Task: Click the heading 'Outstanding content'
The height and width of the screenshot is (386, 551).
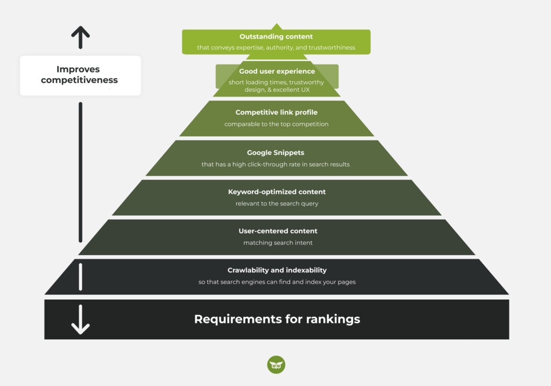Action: [x=276, y=37]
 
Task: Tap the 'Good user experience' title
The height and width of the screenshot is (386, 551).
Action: [x=277, y=71]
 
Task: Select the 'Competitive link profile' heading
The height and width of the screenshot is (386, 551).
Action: [x=277, y=113]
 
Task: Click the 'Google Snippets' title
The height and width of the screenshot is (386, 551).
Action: [x=275, y=152]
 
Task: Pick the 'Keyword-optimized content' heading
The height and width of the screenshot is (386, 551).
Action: [x=277, y=192]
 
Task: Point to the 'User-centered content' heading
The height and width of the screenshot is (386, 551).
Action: [x=278, y=231]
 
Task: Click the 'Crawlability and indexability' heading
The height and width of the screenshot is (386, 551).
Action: [x=277, y=270]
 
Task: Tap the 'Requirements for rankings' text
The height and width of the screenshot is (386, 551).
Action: [x=277, y=319]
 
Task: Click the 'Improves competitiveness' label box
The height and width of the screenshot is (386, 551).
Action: [x=80, y=75]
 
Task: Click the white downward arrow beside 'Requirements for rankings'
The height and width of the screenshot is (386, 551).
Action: [x=80, y=321]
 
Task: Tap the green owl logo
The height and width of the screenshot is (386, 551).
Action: [x=276, y=364]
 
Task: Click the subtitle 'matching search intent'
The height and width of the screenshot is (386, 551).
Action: [x=278, y=243]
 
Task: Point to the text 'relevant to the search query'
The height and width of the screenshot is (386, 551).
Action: [x=277, y=203]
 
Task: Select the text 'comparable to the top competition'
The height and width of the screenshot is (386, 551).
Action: [x=277, y=124]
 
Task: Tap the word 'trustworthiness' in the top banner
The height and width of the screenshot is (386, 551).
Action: [x=332, y=47]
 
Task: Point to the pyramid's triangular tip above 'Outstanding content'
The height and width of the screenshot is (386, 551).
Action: [x=276, y=26]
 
